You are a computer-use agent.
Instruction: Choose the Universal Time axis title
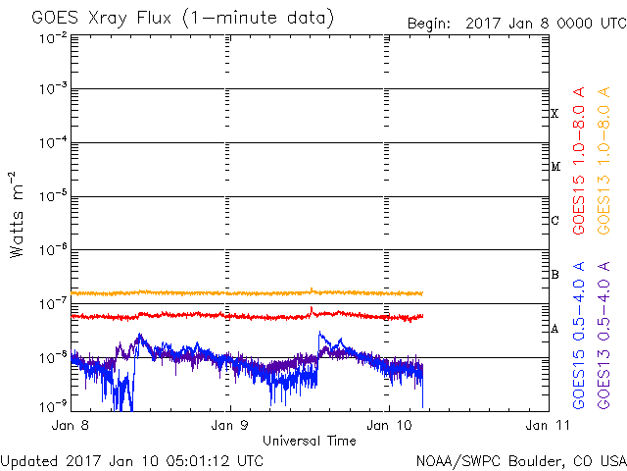click(x=309, y=441)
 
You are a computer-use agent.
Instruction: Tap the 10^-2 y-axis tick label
click(x=54, y=38)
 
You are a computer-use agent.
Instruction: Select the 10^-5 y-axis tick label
click(x=54, y=197)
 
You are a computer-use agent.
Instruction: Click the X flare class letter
click(x=555, y=113)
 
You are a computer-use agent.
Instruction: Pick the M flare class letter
click(x=555, y=167)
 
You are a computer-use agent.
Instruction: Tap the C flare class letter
click(x=555, y=220)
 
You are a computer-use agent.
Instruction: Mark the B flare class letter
click(x=555, y=274)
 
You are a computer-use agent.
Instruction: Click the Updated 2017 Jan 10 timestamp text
click(x=131, y=459)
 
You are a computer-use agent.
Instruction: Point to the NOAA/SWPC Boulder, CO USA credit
click(x=519, y=459)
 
